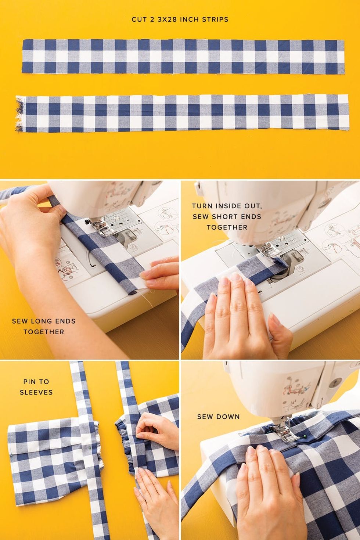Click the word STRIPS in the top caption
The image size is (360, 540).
(x=215, y=19)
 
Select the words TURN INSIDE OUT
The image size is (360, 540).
(x=227, y=206)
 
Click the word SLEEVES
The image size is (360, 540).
(x=36, y=392)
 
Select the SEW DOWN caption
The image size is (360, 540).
(x=219, y=417)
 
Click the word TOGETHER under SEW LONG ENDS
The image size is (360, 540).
(x=44, y=332)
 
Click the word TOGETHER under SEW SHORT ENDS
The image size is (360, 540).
(x=227, y=227)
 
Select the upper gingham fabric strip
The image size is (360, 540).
(x=183, y=57)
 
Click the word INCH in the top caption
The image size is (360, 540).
(x=190, y=19)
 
